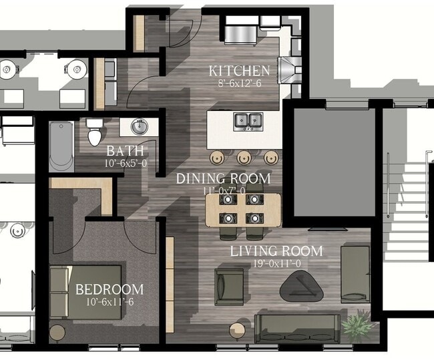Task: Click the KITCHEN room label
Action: [x=239, y=71]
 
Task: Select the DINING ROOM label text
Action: [x=223, y=178]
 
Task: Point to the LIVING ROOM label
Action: [x=276, y=251]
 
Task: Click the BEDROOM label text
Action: [x=109, y=289]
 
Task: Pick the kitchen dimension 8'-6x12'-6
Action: [x=239, y=84]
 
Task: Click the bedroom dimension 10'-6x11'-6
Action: [x=109, y=302]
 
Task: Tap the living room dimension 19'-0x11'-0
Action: [x=276, y=263]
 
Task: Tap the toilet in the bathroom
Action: [x=95, y=132]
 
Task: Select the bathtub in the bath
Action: [x=61, y=146]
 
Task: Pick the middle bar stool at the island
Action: [x=244, y=158]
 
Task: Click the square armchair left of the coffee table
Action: [x=229, y=285]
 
